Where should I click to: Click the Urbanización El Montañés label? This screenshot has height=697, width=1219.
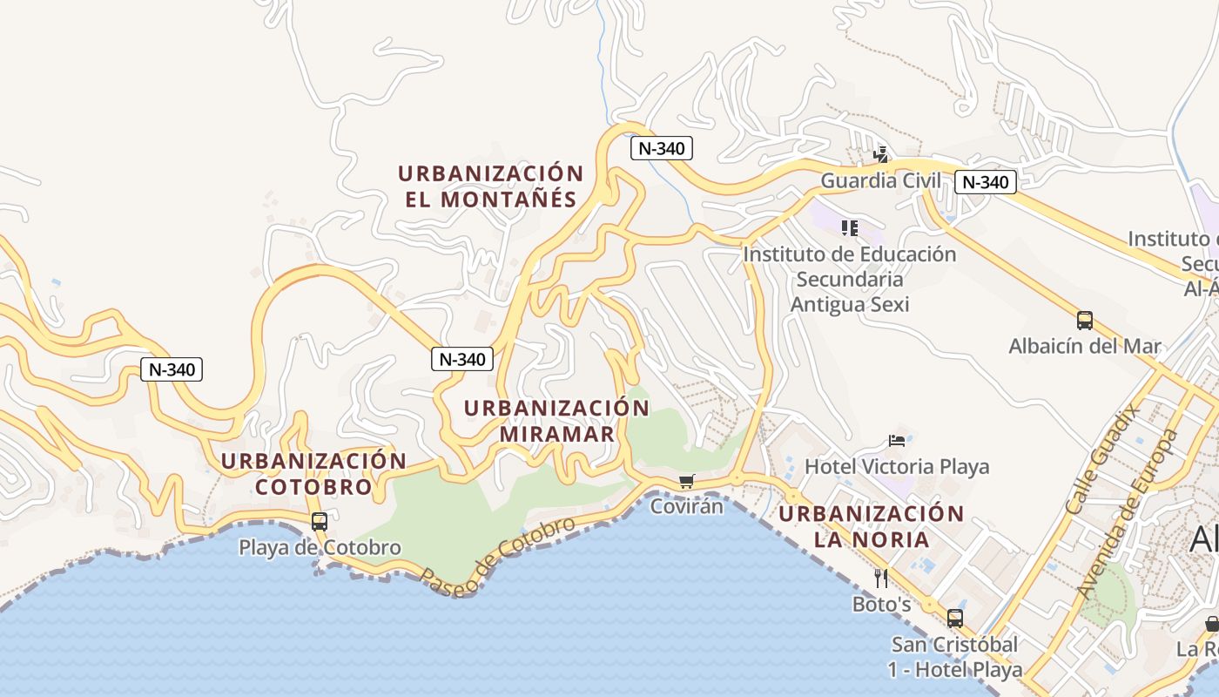490,186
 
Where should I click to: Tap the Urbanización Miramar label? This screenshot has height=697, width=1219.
556,421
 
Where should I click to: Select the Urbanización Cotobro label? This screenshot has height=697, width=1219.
313,474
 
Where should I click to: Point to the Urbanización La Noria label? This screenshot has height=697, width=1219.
872,526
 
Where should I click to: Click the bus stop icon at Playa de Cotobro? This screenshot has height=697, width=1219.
320,522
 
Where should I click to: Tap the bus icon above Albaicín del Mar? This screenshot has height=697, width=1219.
1085,320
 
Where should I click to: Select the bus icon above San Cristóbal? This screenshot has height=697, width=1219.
955,619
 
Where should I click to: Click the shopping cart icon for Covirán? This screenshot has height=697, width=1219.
687,481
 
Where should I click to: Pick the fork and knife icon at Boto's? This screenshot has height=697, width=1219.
881,578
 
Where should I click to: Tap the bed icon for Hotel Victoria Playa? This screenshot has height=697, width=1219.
897,440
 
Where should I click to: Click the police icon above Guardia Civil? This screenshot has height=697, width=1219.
881,155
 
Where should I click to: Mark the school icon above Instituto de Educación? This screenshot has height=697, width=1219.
850,228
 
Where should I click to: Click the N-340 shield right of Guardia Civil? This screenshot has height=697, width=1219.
986,182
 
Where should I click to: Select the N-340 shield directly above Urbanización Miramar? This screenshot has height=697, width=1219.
462,359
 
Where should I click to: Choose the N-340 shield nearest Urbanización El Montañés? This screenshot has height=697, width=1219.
662,148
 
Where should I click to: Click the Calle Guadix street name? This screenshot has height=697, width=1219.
1103,458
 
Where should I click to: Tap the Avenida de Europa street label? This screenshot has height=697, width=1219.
1128,512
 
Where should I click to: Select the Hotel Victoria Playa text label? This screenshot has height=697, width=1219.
897,467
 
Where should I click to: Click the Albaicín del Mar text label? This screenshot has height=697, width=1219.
1085,346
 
